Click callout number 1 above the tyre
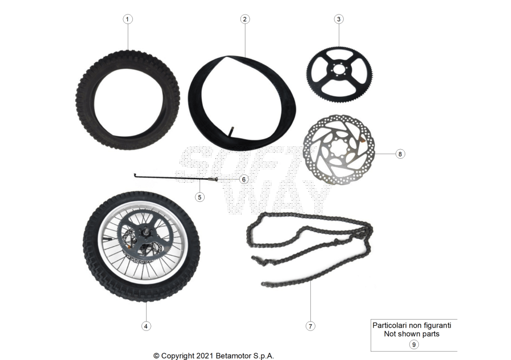pos(127,19)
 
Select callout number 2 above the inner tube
pos(245,19)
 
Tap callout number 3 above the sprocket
pos(339,19)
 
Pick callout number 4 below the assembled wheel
pos(146,326)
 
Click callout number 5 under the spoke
pos(200,197)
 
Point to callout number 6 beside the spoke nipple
pos(244,179)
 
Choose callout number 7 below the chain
pos(310,326)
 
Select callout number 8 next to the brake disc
pos(400,154)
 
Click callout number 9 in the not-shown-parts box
pos(414,345)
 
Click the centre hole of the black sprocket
pos(339,70)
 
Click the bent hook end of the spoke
pos(135,175)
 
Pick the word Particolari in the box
pos(389,326)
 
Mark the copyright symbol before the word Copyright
pos(156,356)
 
